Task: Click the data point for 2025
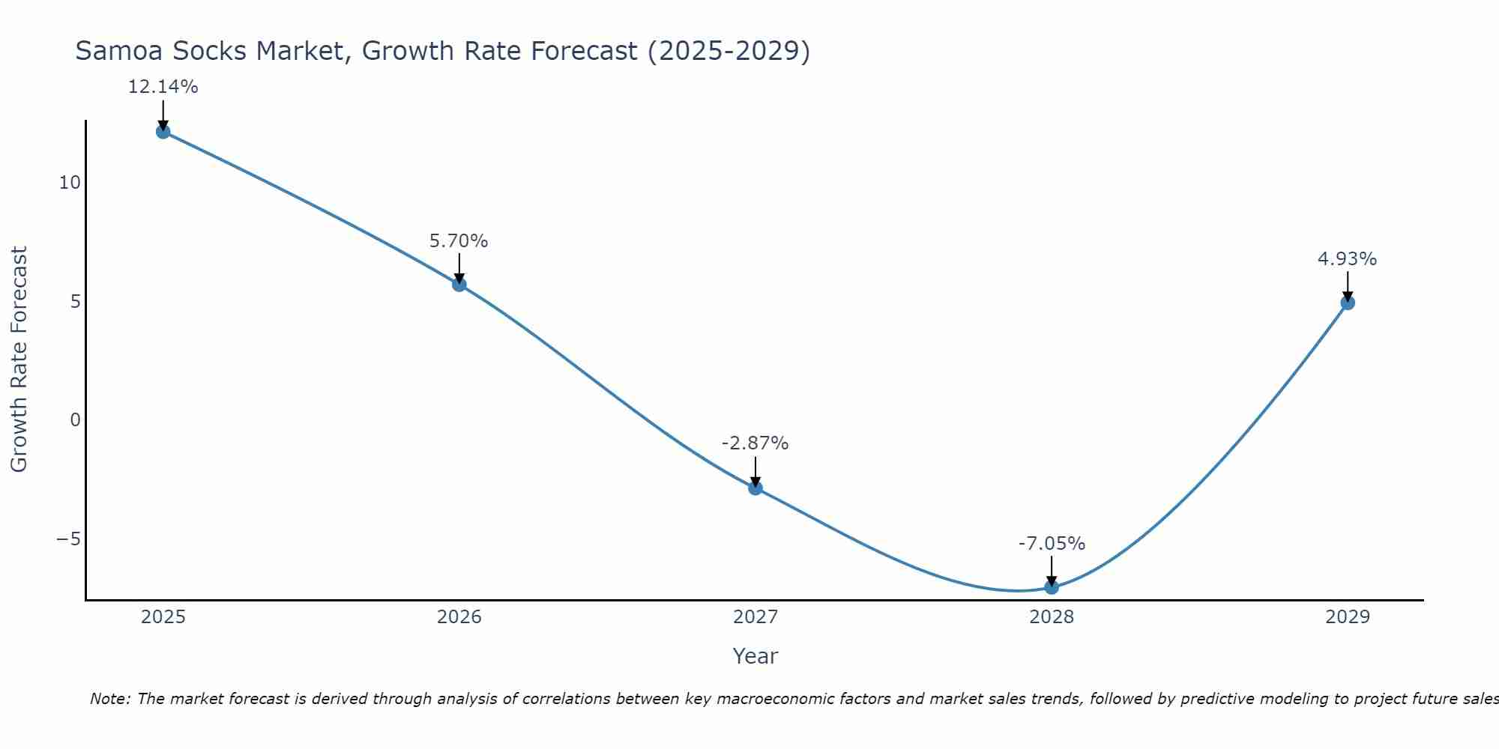(x=163, y=132)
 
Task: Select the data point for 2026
(x=459, y=284)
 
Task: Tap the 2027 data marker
(x=755, y=488)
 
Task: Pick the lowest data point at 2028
(x=1052, y=586)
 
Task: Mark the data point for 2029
(x=1348, y=303)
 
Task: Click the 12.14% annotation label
(x=163, y=87)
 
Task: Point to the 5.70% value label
(x=459, y=241)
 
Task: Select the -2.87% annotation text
(x=755, y=443)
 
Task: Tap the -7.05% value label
(x=1052, y=544)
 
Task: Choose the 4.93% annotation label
(x=1347, y=259)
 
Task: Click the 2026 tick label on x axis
(x=459, y=617)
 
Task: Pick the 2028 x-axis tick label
(x=1052, y=617)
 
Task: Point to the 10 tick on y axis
(x=70, y=183)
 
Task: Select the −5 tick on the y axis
(x=68, y=539)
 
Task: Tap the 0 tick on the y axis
(x=75, y=420)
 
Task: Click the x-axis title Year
(x=755, y=656)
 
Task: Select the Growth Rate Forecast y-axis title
(x=19, y=360)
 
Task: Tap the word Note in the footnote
(x=109, y=699)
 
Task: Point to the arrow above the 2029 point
(x=1348, y=286)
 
